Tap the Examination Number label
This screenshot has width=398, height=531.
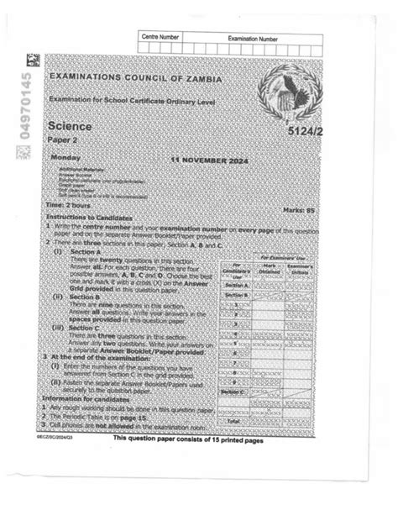click(x=253, y=39)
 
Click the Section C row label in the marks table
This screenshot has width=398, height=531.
click(x=233, y=392)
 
